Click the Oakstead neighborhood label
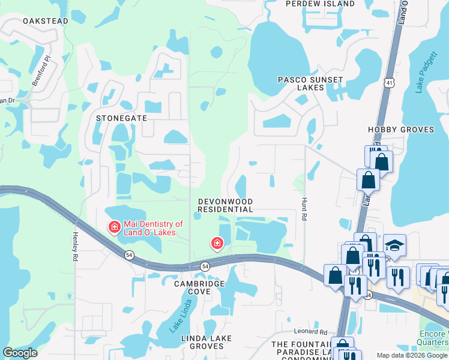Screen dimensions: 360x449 45,21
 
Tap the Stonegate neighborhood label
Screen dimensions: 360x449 121,118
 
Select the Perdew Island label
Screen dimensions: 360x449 320,4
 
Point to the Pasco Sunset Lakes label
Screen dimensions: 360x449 310,83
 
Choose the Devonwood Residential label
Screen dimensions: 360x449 226,206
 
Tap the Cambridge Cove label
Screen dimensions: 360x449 200,287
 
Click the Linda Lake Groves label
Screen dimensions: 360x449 207,343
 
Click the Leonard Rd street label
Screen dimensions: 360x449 310,331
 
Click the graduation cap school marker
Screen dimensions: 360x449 394,245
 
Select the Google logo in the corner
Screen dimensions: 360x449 20,353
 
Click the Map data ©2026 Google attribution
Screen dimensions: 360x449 412,355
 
